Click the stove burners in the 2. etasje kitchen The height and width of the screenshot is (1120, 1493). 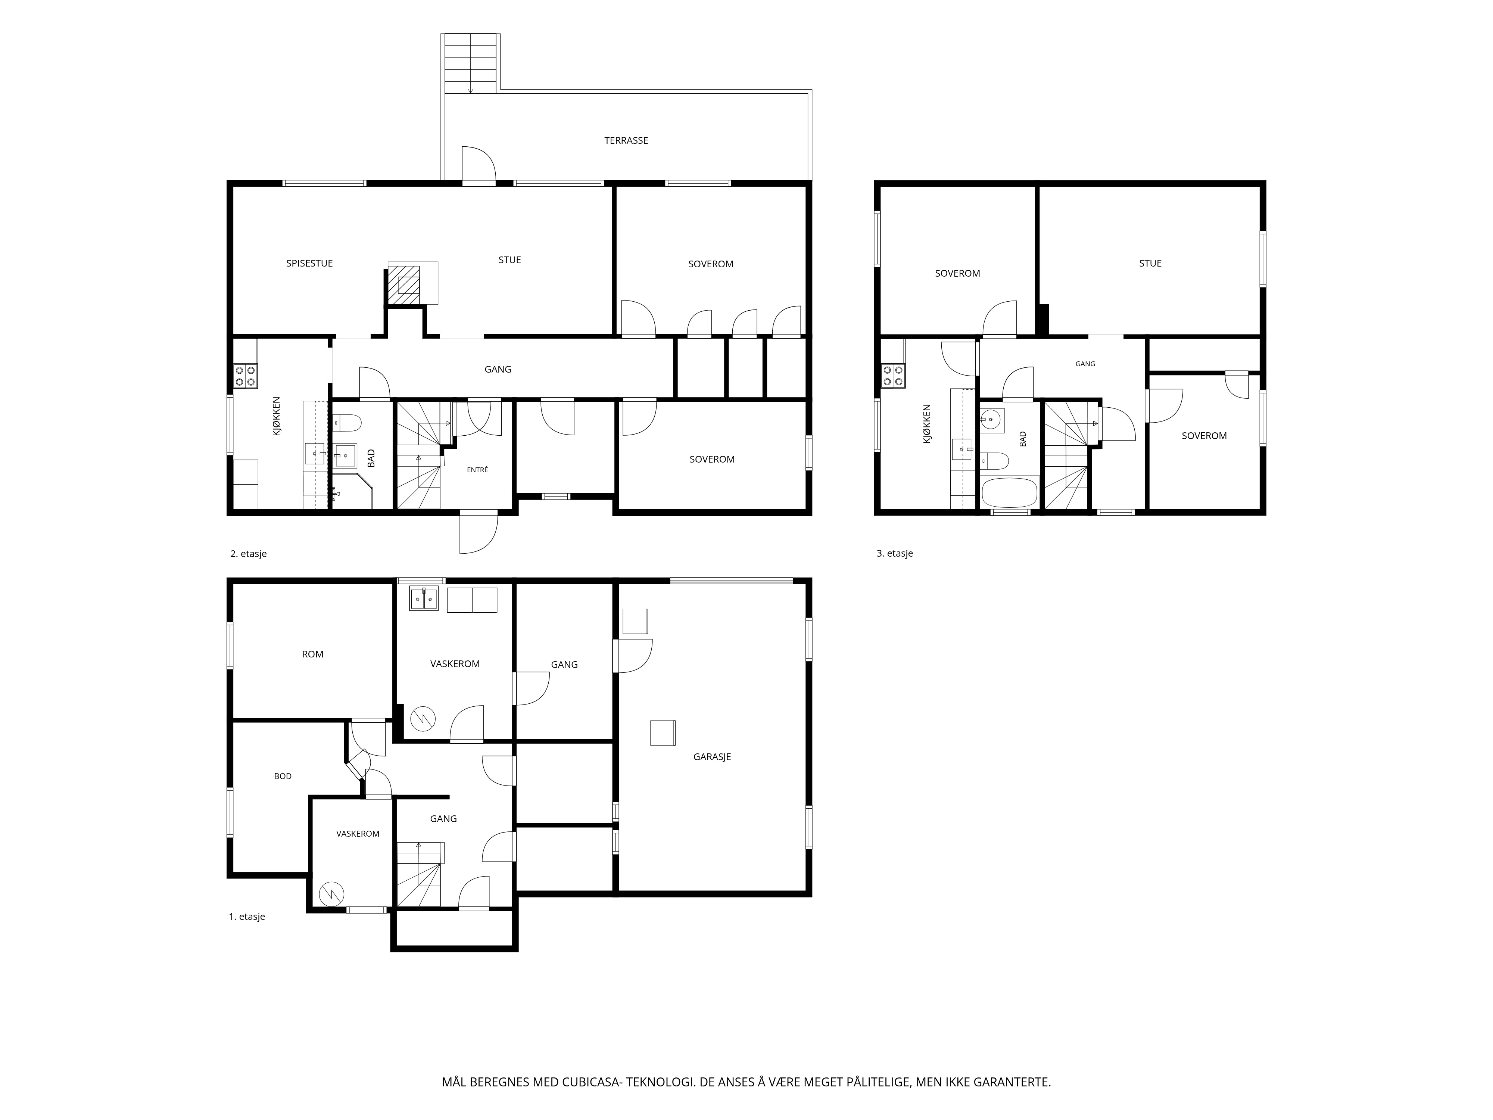(245, 375)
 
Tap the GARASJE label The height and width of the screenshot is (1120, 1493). (712, 757)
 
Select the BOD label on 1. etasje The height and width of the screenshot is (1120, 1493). (283, 777)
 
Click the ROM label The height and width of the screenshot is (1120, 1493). (312, 654)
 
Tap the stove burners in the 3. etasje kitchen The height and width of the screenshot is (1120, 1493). (893, 375)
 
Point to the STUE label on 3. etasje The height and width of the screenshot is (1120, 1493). (1150, 263)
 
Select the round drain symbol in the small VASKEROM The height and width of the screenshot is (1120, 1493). (331, 894)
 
